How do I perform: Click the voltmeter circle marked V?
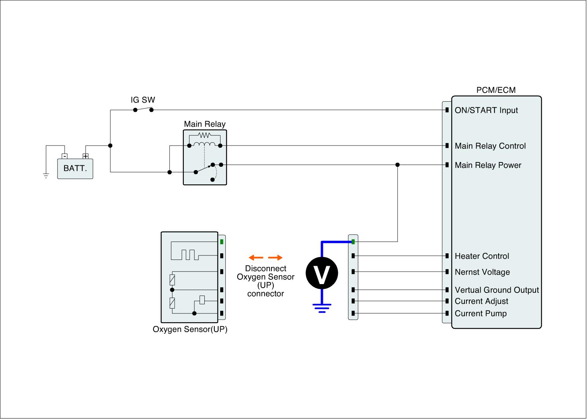click(x=322, y=273)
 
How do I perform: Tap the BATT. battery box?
click(x=75, y=169)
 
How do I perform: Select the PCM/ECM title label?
click(x=496, y=90)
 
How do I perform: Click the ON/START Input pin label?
click(x=486, y=110)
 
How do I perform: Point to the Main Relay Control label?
click(x=490, y=146)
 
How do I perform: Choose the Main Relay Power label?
click(x=488, y=165)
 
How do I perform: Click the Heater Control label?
click(x=482, y=256)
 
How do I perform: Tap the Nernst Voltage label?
click(x=482, y=272)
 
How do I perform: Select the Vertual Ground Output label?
click(x=497, y=290)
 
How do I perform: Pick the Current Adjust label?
click(x=481, y=301)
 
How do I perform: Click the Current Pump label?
click(x=481, y=313)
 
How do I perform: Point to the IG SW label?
click(x=143, y=100)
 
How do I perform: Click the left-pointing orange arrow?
click(x=256, y=257)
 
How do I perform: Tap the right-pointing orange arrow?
click(x=275, y=257)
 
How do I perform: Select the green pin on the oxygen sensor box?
click(x=222, y=242)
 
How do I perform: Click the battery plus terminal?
click(x=85, y=156)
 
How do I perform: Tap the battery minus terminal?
click(x=65, y=156)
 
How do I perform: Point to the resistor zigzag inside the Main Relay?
click(x=204, y=135)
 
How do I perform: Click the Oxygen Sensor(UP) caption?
click(x=190, y=330)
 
